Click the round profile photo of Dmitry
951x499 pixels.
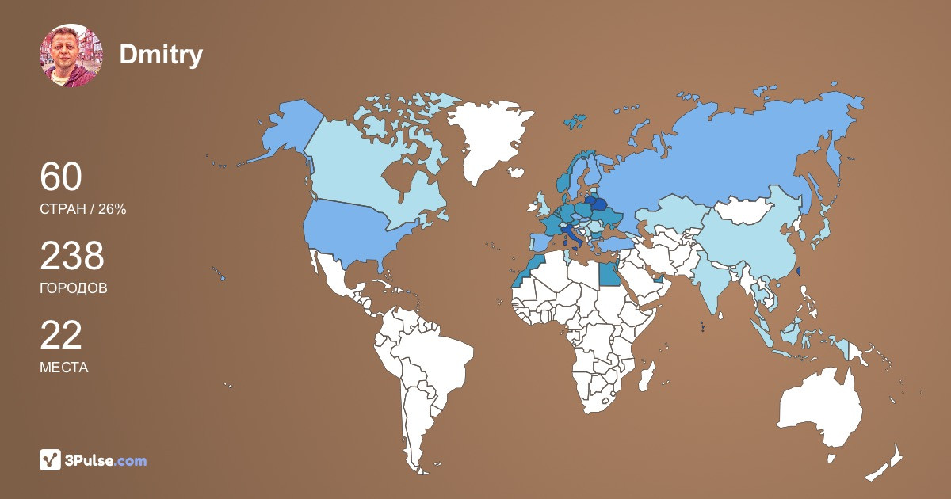point(71,55)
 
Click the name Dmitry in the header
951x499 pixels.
point(161,55)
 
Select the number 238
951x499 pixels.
point(72,257)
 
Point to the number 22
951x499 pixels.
point(61,336)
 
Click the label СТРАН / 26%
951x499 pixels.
point(83,209)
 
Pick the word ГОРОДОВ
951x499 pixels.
point(73,288)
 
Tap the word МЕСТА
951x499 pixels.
point(63,368)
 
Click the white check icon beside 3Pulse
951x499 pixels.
point(51,460)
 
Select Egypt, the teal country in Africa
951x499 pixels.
point(608,274)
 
